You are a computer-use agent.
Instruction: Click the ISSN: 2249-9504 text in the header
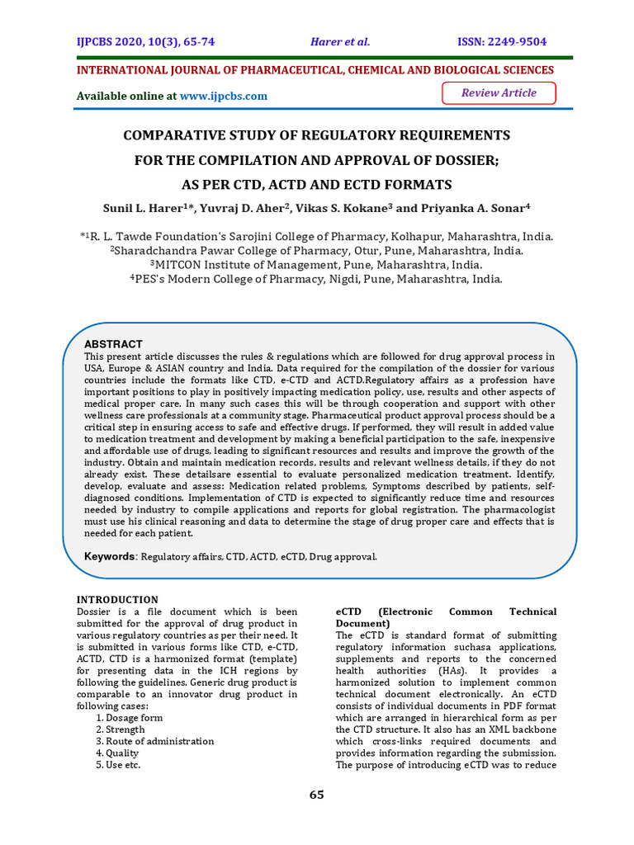pyautogui.click(x=502, y=42)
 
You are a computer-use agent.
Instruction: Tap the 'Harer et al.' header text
pyautogui.click(x=340, y=42)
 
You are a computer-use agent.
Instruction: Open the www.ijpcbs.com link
pyautogui.click(x=223, y=96)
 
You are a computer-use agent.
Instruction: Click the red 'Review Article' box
pyautogui.click(x=499, y=93)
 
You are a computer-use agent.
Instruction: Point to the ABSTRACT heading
pyautogui.click(x=114, y=343)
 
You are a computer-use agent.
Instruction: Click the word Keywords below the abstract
pyautogui.click(x=111, y=557)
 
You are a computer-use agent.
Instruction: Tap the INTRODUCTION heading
pyautogui.click(x=117, y=599)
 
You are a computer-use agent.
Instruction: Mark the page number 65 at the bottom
pyautogui.click(x=317, y=795)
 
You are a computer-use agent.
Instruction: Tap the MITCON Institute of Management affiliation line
pyautogui.click(x=316, y=265)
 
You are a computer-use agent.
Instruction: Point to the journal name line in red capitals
pyautogui.click(x=315, y=70)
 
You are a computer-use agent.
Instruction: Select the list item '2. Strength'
pyautogui.click(x=120, y=729)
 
